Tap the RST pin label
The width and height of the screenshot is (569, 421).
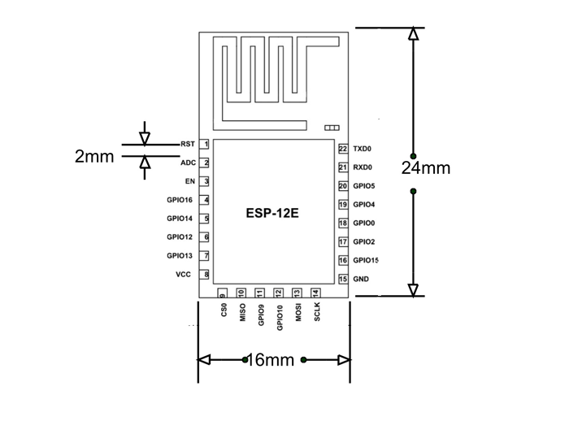tap(187, 144)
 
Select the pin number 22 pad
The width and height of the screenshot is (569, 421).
tap(343, 150)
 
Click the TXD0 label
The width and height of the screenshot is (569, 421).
tap(362, 150)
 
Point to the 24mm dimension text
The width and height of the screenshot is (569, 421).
tap(426, 168)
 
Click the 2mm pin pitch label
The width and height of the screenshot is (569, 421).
tap(94, 157)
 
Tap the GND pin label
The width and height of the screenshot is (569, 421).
tap(361, 279)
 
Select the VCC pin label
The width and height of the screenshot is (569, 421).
tap(183, 275)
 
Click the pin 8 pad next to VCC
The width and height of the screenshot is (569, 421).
tap(206, 275)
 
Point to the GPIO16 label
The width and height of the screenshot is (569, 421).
tap(179, 200)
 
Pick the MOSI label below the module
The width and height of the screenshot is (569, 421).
tap(298, 314)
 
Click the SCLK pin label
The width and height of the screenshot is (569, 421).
tap(317, 313)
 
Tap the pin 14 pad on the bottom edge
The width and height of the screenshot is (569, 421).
tap(315, 293)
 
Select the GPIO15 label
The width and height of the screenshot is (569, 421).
tap(366, 260)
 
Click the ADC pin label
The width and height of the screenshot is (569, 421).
tap(188, 163)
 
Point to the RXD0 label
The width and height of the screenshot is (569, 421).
tap(362, 168)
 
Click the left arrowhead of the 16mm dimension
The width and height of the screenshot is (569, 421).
tap(205, 360)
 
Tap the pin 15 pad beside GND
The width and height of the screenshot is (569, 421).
tap(343, 279)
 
